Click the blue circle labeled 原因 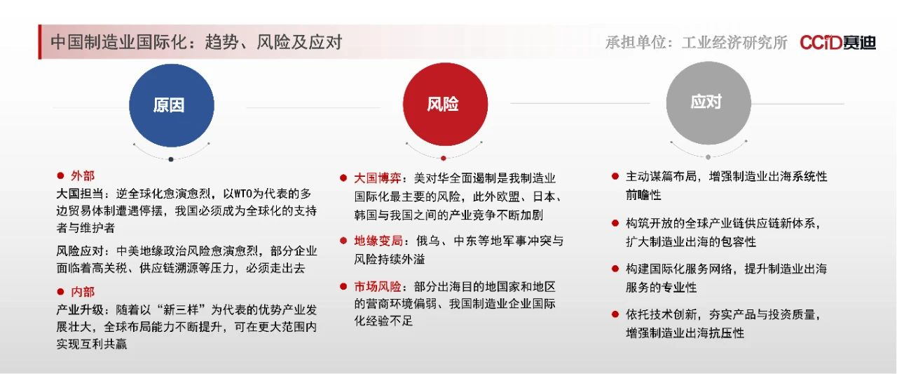(x=172, y=105)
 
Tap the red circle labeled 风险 (x=445, y=104)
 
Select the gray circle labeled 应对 (x=708, y=102)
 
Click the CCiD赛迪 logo (x=837, y=42)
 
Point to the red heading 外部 (x=83, y=175)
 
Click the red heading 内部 (x=83, y=291)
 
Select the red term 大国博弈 (x=378, y=178)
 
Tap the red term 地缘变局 (x=378, y=241)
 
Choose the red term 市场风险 (x=378, y=286)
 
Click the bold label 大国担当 (x=80, y=194)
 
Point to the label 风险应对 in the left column (x=80, y=251)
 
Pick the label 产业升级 (x=80, y=309)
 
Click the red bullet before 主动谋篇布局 (x=615, y=176)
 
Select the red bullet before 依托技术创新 (x=615, y=314)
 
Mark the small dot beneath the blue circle (x=171, y=159)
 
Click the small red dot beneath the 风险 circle (x=444, y=159)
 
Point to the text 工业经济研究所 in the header (x=734, y=43)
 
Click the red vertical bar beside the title (x=40, y=41)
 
